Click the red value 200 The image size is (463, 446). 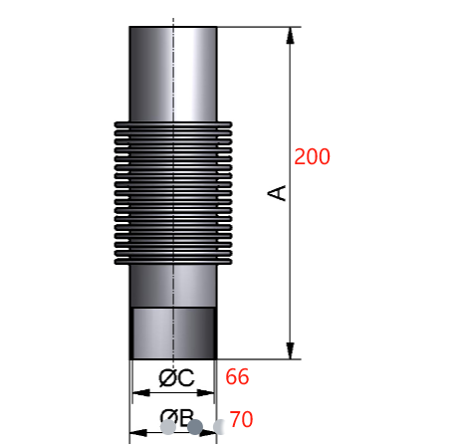click(x=312, y=156)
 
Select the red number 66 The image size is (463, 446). click(x=237, y=376)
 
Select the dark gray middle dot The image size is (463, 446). click(x=195, y=427)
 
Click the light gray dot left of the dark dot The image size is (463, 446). click(x=168, y=428)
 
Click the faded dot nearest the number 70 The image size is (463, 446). click(x=219, y=426)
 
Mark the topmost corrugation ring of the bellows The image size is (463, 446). click(x=173, y=125)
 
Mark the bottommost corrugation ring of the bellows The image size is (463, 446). click(x=173, y=262)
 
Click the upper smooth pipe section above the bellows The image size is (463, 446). click(x=173, y=70)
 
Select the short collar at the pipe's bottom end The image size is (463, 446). click(x=173, y=333)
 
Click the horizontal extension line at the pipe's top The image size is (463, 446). click(x=254, y=26)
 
